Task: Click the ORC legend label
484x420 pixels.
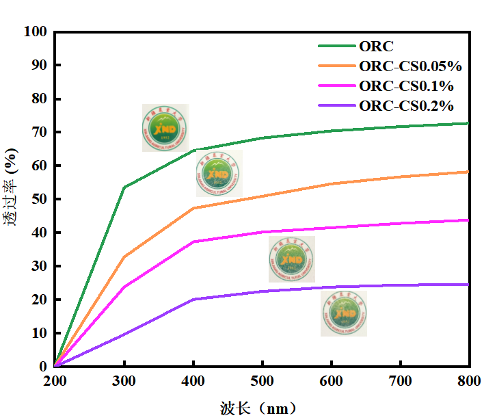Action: pyautogui.click(x=377, y=47)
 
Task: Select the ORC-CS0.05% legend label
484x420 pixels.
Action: pyautogui.click(x=410, y=66)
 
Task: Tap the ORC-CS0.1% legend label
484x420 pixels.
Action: pyautogui.click(x=406, y=86)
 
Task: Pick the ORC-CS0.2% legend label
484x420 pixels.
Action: pyautogui.click(x=406, y=106)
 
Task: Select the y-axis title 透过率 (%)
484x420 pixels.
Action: pyautogui.click(x=12, y=199)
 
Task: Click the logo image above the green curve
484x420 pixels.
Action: pyautogui.click(x=165, y=128)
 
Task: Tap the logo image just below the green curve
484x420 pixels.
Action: pyautogui.click(x=219, y=174)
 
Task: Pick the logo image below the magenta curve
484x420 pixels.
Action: pyautogui.click(x=292, y=259)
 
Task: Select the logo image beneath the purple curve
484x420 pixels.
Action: pyautogui.click(x=343, y=313)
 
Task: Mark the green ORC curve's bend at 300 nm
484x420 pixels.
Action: pyautogui.click(x=124, y=187)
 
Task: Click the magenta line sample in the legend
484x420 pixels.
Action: pyautogui.click(x=336, y=86)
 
